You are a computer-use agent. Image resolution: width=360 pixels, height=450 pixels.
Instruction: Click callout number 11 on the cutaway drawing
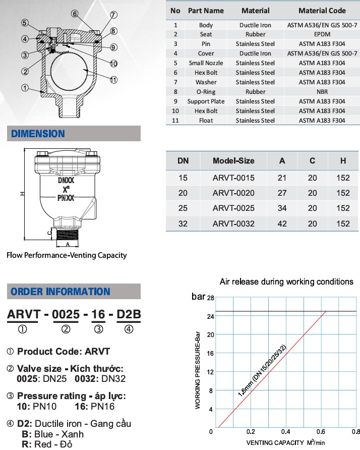113,80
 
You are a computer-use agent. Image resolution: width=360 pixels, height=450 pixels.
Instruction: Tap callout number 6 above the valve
74,14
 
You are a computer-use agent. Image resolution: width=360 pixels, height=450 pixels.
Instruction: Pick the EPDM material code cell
322,34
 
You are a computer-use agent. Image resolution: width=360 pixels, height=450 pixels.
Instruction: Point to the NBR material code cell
322,92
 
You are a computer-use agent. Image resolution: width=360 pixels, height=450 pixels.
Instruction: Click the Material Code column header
322,10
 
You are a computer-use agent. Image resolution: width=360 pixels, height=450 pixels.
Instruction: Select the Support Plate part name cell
206,101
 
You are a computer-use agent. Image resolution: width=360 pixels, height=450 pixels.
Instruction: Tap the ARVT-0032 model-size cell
233,223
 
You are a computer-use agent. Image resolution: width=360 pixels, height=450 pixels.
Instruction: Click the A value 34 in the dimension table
282,208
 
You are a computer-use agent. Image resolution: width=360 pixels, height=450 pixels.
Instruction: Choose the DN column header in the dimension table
183,161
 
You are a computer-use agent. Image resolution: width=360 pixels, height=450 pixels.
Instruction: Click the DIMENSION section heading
38,134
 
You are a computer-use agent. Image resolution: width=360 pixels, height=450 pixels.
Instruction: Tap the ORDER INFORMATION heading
60,292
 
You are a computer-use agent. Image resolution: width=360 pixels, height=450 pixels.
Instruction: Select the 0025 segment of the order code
66,315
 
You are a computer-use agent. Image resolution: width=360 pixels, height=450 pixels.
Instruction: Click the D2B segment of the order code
129,315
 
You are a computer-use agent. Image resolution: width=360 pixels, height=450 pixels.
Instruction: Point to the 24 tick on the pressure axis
211,316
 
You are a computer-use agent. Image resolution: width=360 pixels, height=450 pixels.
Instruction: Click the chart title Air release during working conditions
286,282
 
